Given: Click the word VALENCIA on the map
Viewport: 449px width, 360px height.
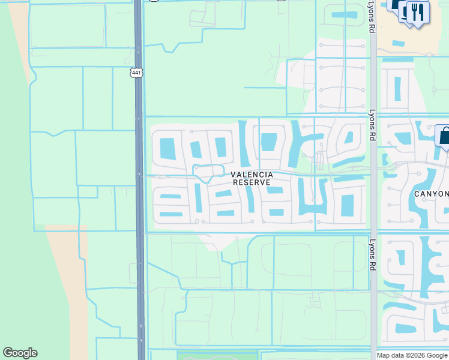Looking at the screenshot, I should pyautogui.click(x=252, y=175).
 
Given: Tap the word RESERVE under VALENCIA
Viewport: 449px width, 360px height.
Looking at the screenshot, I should pyautogui.click(x=252, y=182).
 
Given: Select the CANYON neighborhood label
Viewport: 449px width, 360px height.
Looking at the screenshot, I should pyautogui.click(x=432, y=194).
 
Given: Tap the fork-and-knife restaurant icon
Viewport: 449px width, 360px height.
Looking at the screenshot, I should pyautogui.click(x=418, y=12).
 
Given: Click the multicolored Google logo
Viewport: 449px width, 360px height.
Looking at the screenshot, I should pyautogui.click(x=20, y=353).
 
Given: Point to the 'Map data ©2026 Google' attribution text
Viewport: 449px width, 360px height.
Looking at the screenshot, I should pyautogui.click(x=412, y=355).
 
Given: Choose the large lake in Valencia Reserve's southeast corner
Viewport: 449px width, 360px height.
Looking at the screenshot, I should pyautogui.click(x=346, y=204).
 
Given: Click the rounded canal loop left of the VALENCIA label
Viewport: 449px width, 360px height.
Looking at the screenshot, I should pyautogui.click(x=208, y=171).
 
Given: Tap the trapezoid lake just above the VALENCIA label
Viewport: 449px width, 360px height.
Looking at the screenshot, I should pyautogui.click(x=269, y=142).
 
